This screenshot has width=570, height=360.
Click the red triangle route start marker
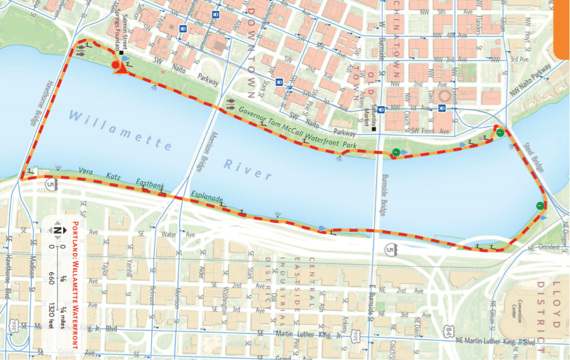pos(121,69)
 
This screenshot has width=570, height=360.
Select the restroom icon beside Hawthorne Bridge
pos(83,53)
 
